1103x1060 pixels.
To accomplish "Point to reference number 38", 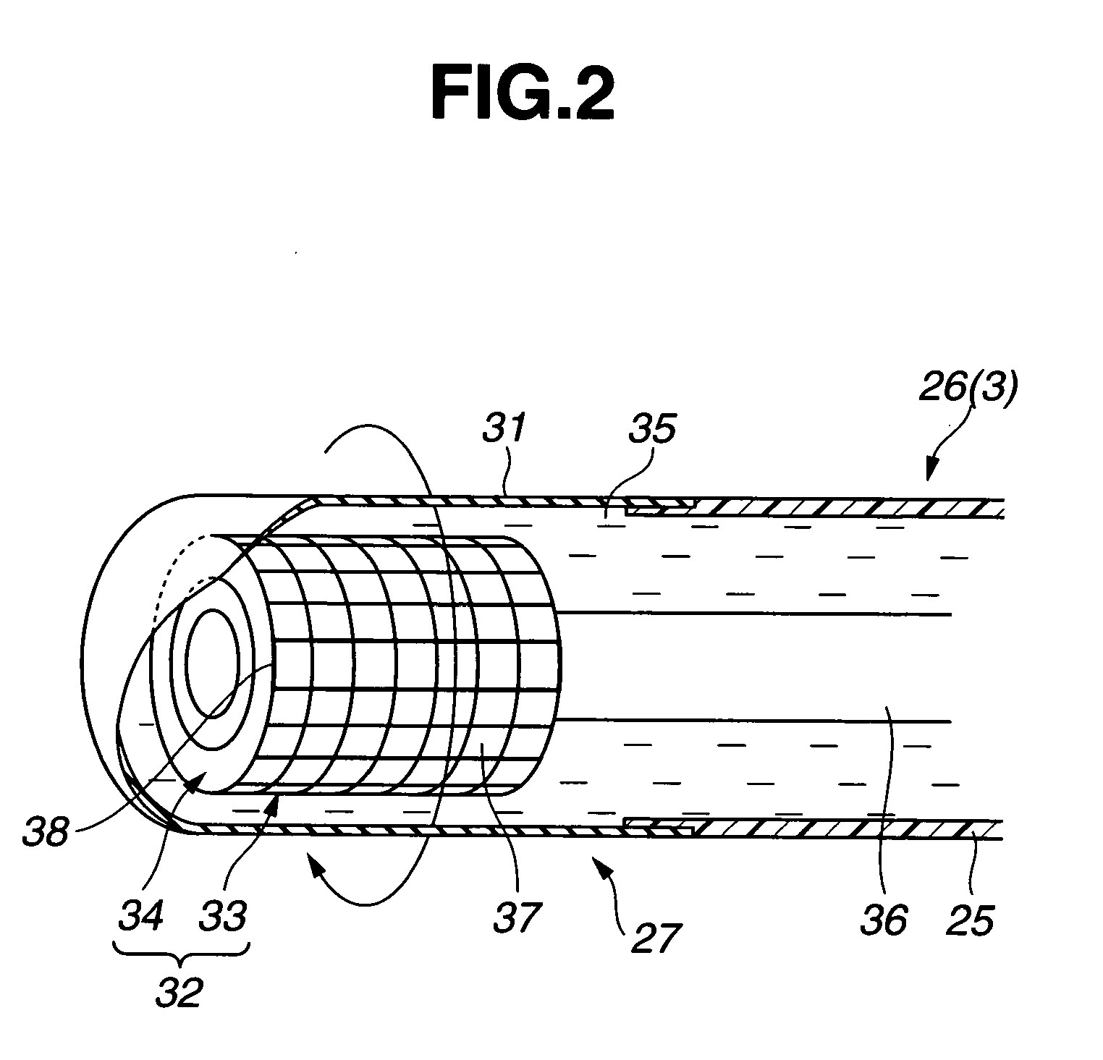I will pos(45,833).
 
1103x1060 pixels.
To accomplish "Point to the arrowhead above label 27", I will pos(598,860).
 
